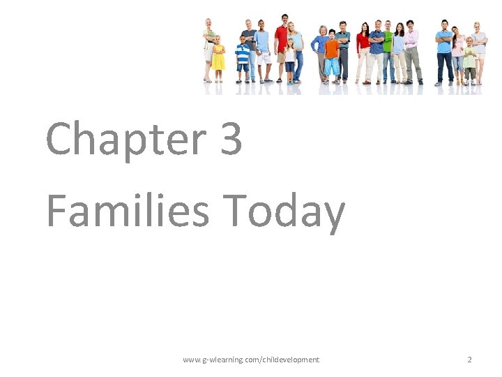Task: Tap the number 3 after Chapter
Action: (230, 138)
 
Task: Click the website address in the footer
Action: (251, 360)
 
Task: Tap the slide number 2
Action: (469, 360)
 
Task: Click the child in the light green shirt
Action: (470, 59)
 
